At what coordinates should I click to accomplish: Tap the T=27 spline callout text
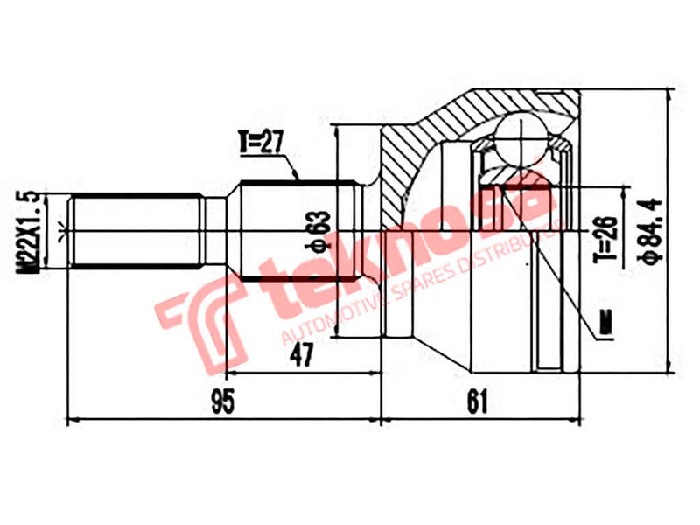[263, 141]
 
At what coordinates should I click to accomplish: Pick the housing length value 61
[477, 402]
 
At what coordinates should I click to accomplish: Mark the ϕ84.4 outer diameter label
[649, 226]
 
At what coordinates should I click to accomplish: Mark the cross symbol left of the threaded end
[60, 232]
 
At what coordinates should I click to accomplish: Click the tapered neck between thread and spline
[222, 232]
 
